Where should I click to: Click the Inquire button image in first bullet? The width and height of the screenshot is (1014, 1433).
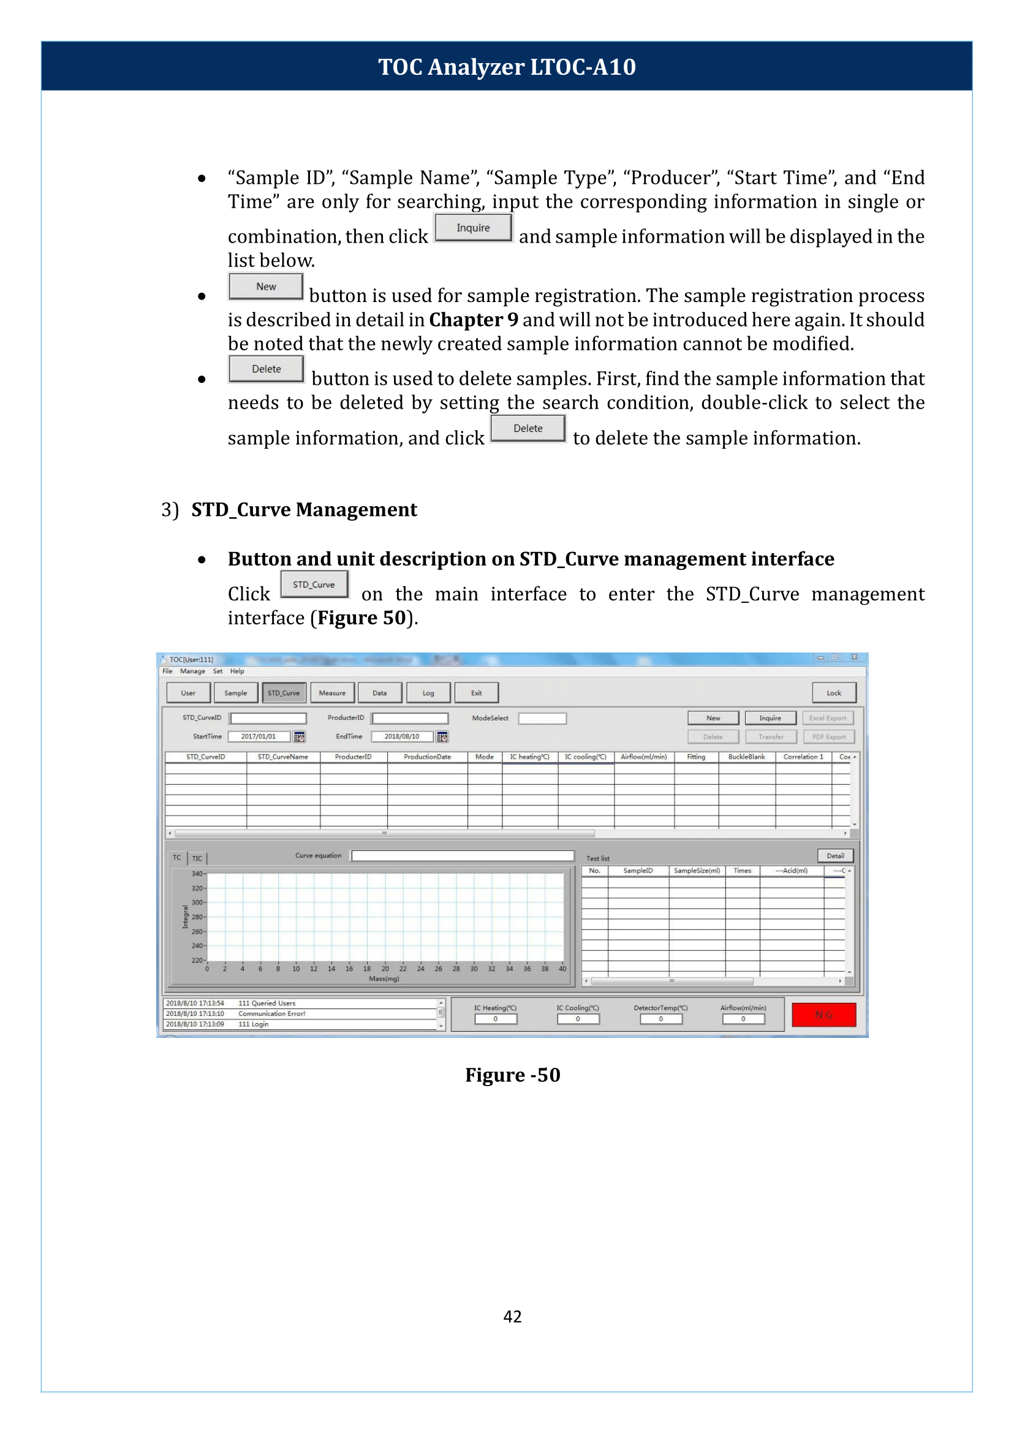473,228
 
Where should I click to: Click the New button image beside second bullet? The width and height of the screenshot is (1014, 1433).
266,287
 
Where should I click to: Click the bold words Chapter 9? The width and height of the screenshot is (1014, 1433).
473,320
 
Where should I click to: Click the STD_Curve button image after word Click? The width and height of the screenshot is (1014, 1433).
314,584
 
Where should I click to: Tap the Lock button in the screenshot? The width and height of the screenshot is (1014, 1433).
833,692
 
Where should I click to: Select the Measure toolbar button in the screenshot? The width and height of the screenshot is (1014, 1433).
332,692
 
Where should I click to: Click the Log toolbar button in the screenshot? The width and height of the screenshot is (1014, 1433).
428,692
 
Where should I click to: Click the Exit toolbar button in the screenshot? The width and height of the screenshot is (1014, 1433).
477,692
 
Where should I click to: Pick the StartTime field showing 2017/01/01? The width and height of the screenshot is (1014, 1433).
259,736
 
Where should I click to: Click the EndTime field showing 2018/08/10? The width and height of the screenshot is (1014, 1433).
401,736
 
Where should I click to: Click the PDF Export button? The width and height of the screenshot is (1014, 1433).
828,737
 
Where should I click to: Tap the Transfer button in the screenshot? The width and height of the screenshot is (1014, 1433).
771,737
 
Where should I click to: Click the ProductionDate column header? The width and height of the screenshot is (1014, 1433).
427,756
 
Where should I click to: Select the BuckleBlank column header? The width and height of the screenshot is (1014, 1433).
746,756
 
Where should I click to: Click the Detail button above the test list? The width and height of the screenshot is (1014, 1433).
836,855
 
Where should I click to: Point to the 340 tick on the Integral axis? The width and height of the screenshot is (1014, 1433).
197,874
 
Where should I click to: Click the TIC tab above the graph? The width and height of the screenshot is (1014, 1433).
197,858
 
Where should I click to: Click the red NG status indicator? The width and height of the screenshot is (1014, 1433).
823,1015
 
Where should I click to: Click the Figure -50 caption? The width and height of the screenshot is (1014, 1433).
513,1075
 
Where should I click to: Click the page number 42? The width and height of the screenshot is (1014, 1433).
512,1316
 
